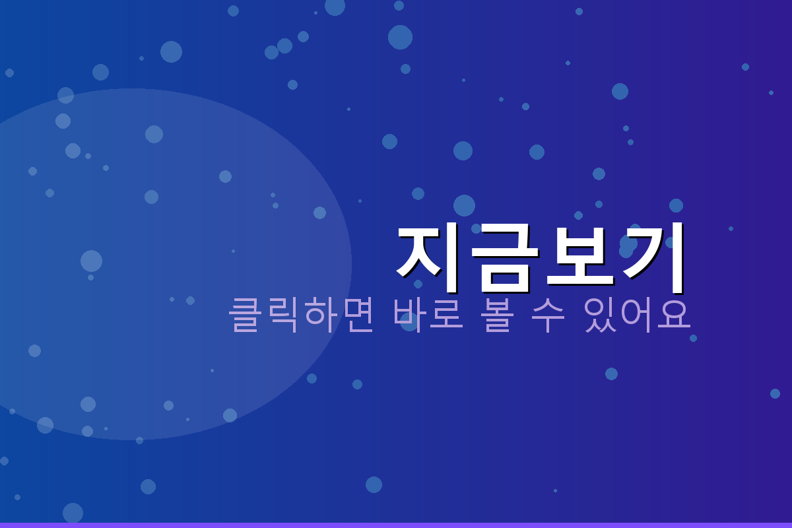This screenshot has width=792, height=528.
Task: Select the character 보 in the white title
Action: click(580, 257)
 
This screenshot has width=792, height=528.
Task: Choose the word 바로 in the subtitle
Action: click(429, 315)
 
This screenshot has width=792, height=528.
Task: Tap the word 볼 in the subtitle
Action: click(498, 315)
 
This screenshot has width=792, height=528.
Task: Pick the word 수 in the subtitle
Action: click(548, 315)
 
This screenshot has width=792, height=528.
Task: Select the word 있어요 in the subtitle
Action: click(638, 315)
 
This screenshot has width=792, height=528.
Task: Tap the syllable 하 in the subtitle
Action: click(320, 315)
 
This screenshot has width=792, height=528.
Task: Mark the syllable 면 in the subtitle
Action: click(357, 315)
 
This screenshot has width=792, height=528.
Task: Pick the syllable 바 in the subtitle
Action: click(411, 315)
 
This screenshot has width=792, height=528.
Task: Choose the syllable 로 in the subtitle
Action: click(447, 315)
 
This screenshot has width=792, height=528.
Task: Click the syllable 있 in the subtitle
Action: click(601, 315)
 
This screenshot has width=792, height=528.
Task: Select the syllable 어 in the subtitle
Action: click(638, 315)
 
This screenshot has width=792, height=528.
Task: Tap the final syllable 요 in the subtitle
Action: click(675, 315)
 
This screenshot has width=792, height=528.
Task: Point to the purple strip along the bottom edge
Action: click(396, 525)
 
